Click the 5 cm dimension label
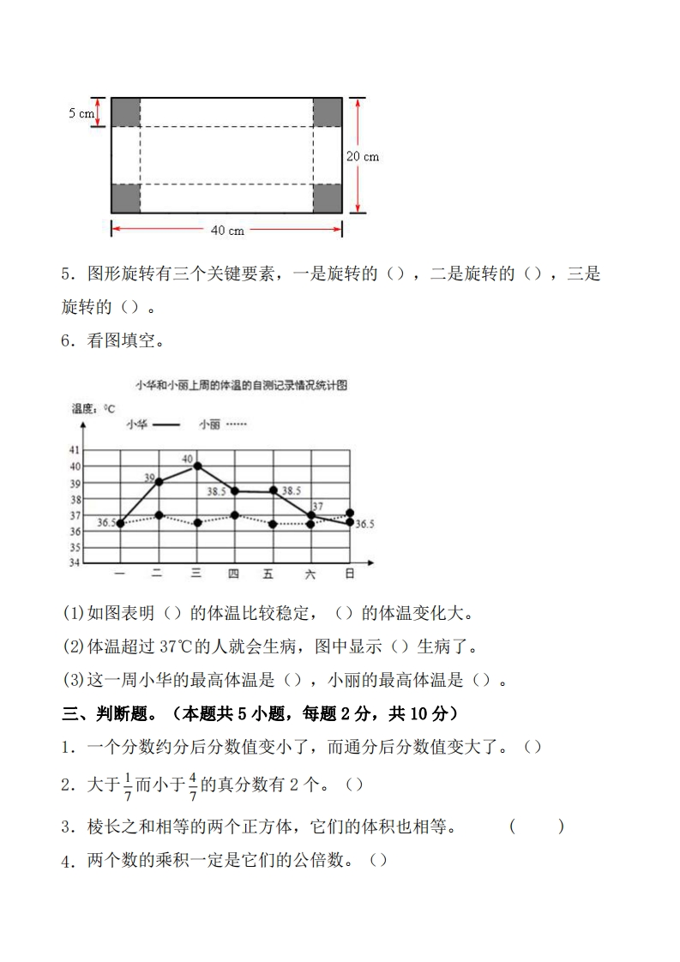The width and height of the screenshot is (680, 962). (81, 113)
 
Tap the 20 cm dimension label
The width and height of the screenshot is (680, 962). (363, 156)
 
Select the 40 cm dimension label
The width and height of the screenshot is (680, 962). (227, 230)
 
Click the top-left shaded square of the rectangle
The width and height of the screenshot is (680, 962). (125, 112)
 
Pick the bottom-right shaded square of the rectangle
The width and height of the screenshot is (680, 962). (328, 198)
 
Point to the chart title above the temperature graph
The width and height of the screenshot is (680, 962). (241, 386)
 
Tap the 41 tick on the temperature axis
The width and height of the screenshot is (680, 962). (75, 450)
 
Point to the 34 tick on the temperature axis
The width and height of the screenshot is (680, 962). (75, 562)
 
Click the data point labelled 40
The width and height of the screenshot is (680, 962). (197, 466)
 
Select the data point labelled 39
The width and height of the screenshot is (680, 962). (159, 482)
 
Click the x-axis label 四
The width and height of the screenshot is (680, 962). (233, 574)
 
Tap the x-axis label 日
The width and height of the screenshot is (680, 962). (349, 574)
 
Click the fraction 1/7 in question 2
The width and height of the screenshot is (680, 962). (128, 785)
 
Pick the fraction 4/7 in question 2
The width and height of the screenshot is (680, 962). (193, 785)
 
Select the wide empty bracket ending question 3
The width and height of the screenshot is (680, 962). (537, 827)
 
